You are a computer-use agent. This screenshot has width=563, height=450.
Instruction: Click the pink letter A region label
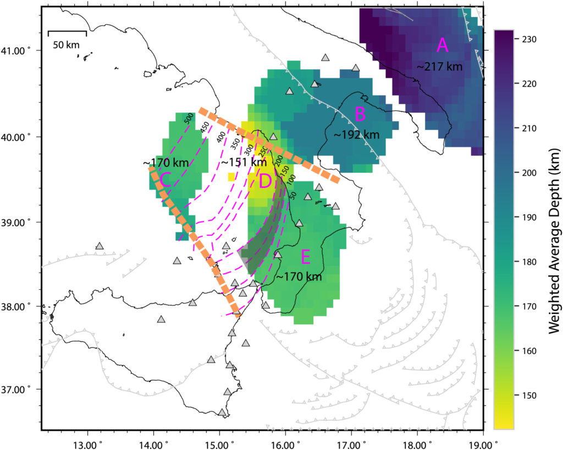pos(443,46)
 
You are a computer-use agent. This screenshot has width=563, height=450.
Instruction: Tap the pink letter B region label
pos(360,115)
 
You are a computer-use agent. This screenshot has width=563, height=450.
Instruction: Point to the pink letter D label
pos(265,181)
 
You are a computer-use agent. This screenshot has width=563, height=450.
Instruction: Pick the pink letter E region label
pos(306,257)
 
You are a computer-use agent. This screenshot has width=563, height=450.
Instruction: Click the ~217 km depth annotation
pos(440,67)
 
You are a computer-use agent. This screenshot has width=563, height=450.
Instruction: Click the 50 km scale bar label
pos(67,45)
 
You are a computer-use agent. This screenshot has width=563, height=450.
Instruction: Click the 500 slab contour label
pos(189,117)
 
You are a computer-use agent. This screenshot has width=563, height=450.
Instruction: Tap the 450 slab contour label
pos(205,128)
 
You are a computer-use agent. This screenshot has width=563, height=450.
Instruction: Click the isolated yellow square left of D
pos(231,177)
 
